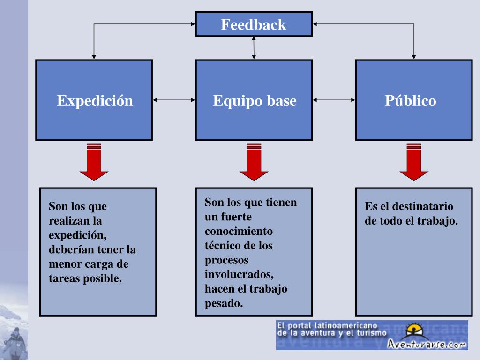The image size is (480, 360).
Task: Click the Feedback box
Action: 254,24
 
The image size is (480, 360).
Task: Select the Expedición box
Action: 94,100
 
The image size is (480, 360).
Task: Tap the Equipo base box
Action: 254,100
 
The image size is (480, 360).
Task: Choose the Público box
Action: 413,100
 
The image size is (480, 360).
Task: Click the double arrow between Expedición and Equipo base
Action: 174,99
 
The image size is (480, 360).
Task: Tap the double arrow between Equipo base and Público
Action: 334,99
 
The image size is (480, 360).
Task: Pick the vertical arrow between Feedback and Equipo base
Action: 254,47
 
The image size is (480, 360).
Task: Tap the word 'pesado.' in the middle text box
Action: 224,303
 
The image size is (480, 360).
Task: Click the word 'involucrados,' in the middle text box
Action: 239,274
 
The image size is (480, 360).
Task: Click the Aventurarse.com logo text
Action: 427,344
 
